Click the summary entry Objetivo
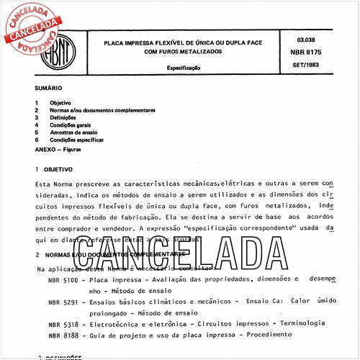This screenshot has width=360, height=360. (x=60, y=103)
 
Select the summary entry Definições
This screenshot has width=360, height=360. (x=63, y=117)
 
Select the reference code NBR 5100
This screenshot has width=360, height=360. (x=63, y=279)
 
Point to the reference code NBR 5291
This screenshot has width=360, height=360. (x=63, y=302)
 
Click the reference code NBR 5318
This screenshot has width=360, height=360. (x=63, y=325)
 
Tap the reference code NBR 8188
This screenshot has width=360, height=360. (x=63, y=336)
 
